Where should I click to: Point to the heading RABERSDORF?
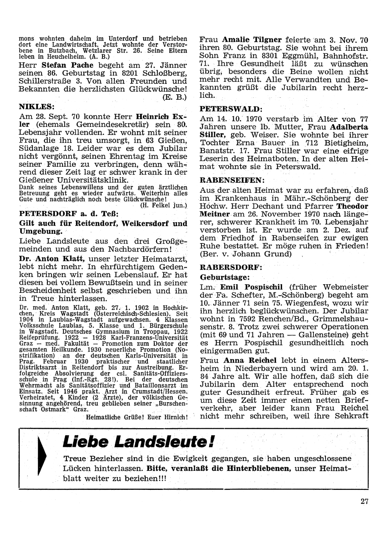click(x=226, y=268)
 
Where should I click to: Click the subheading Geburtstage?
click(x=224, y=277)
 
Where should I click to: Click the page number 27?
click(x=364, y=501)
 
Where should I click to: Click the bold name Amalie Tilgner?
click(x=252, y=40)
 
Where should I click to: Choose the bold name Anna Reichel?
click(x=247, y=360)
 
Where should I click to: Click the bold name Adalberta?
click(x=349, y=127)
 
